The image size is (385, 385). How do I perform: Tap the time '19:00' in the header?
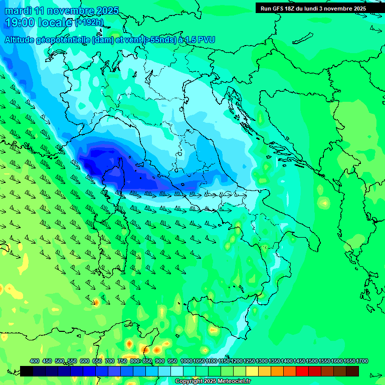point(21,23)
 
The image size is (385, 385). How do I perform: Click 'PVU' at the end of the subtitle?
point(206,40)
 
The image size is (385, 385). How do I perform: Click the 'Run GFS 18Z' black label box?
point(313,8)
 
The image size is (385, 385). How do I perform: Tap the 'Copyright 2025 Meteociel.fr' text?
point(213,381)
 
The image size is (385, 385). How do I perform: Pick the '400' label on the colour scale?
point(35,361)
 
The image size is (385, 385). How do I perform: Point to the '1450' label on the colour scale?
point(299,361)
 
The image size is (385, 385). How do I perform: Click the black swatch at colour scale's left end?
point(27,371)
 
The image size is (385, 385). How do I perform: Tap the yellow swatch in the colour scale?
point(252,371)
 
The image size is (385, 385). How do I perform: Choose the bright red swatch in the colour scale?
point(302,371)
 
